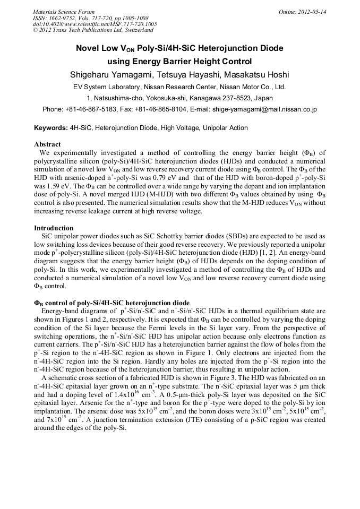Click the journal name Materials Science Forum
tap(64, 12)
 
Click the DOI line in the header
tap(95, 24)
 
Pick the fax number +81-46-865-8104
tap(162, 110)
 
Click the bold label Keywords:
tap(51, 128)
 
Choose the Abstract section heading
tap(47, 144)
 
